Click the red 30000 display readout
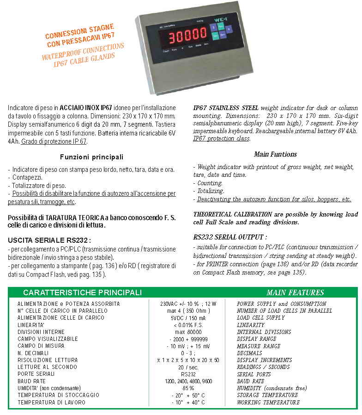pyautogui.click(x=188, y=35)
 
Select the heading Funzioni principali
pyautogui.click(x=91, y=157)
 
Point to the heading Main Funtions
pyautogui.click(x=275, y=154)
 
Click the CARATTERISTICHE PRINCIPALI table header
pyautogui.click(x=82, y=292)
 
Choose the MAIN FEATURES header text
pyautogui.click(x=295, y=292)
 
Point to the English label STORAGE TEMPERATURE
pyautogui.click(x=267, y=395)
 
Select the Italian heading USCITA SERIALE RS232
pyautogui.click(x=49, y=240)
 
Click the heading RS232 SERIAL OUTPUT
pyautogui.click(x=230, y=237)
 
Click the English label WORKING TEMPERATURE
pyautogui.click(x=268, y=403)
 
